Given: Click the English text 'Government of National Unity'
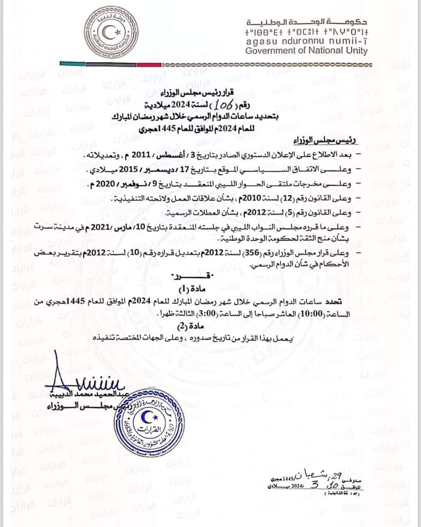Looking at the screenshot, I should point(306,50).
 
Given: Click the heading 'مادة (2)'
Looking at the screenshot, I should point(191,327).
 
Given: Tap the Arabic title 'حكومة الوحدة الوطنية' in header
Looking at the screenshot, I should point(307,22).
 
